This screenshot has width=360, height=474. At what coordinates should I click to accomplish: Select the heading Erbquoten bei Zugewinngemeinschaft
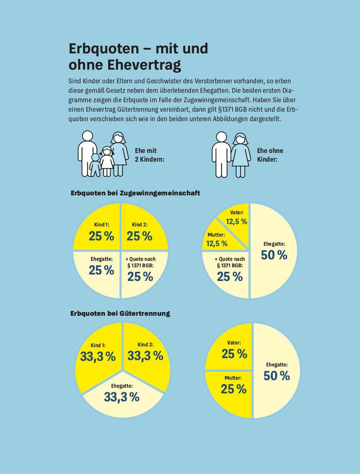click(135, 193)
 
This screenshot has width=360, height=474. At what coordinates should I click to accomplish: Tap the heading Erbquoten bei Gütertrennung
click(120, 313)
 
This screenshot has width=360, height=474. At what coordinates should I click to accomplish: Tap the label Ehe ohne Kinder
click(270, 155)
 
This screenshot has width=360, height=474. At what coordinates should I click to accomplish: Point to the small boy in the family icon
click(95, 165)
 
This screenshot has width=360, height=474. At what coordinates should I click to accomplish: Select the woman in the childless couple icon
click(240, 155)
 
